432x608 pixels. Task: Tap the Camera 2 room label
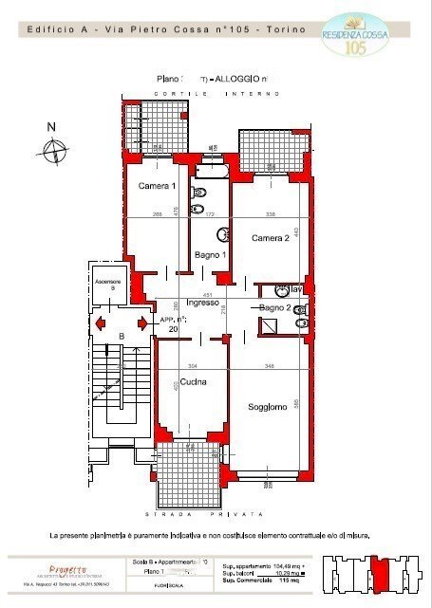tap(270, 238)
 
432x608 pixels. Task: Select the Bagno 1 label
tap(209, 255)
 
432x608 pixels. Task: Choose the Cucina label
tap(194, 382)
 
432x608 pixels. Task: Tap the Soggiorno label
tap(267, 407)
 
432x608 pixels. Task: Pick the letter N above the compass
tap(52, 127)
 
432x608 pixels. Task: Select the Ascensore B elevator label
tap(104, 284)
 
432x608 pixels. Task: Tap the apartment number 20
tap(174, 328)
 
